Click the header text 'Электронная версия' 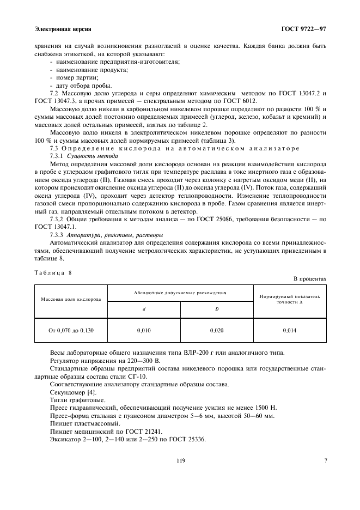pos(62,28)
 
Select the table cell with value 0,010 pos(144,330)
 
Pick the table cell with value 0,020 pos(216,330)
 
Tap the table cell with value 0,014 pos(289,330)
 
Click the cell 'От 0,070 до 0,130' pos(71,330)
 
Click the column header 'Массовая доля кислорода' pos(71,300)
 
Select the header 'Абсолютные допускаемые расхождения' pos(180,293)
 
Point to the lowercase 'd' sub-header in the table pos(144,309)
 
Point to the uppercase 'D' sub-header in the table pos(216,309)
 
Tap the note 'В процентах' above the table pos(310,278)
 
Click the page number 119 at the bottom pos(180,461)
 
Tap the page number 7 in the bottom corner pos(325,461)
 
